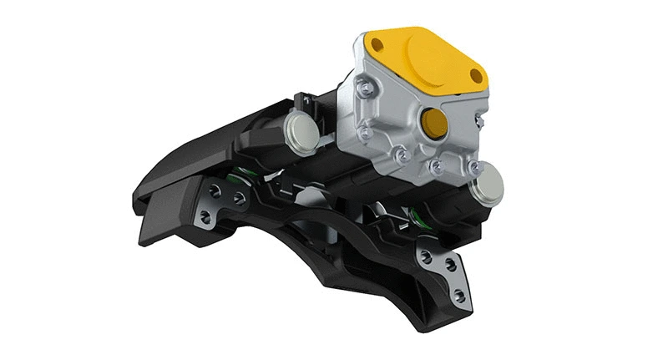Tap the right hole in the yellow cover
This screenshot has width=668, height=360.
click(476, 76)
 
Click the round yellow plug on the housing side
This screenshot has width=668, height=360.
click(434, 123)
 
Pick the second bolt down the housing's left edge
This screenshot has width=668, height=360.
click(365, 132)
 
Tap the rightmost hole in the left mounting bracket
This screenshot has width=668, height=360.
click(240, 198)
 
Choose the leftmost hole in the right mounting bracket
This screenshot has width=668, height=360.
click(427, 256)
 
